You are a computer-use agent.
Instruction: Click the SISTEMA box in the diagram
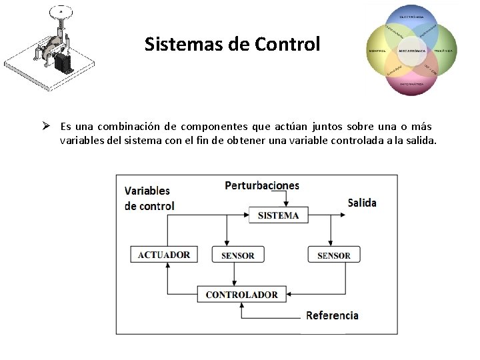tap(279, 215)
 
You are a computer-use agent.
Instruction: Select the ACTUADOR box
tap(164, 255)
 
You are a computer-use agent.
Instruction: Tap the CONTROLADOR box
tap(241, 294)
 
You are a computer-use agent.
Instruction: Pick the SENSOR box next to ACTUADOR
tap(237, 255)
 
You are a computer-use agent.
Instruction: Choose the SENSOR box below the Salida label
tap(333, 255)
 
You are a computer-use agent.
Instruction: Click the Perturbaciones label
tap(262, 185)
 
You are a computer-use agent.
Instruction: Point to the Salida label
tap(362, 203)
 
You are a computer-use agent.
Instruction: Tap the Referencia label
tap(332, 315)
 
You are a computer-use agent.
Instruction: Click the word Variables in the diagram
tap(147, 191)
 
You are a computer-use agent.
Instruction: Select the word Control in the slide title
tap(287, 45)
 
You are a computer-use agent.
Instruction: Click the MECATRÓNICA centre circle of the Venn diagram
tap(411, 51)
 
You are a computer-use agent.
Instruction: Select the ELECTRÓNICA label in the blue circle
tap(411, 16)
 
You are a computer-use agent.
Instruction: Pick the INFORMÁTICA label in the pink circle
tap(411, 85)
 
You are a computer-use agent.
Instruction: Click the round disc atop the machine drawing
tap(61, 11)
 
